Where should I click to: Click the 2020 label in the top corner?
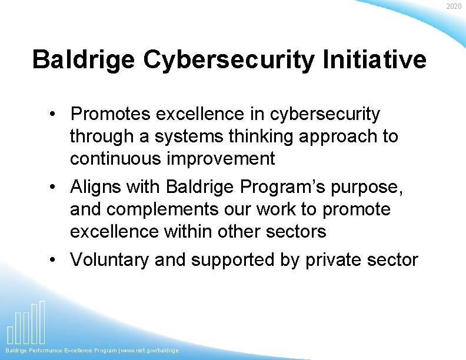pyautogui.click(x=454, y=6)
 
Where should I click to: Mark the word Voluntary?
pyautogui.click(x=109, y=259)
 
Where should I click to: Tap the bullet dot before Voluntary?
pyautogui.click(x=53, y=259)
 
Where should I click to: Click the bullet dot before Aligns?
pyautogui.click(x=53, y=186)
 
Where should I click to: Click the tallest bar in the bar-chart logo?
pyautogui.click(x=42, y=322)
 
